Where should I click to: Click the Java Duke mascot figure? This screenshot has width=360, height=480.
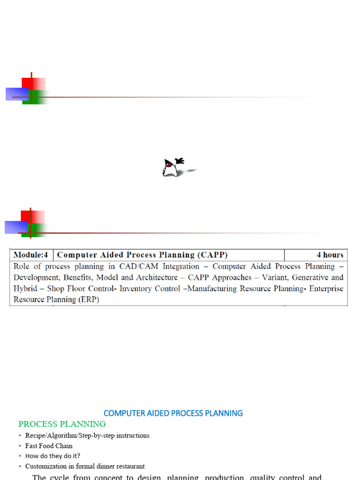tap(172, 168)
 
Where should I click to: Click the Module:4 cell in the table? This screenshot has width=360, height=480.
tap(31, 255)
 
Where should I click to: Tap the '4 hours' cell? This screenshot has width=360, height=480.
tap(330, 255)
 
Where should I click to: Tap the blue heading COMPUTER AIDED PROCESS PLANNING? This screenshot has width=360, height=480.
tap(173, 413)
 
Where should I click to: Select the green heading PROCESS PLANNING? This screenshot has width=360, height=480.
tap(62, 424)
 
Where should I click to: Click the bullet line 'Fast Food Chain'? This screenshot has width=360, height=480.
tap(49, 446)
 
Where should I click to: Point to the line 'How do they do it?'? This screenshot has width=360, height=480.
tap(52, 456)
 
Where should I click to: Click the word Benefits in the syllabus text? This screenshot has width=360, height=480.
tap(82, 277)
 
